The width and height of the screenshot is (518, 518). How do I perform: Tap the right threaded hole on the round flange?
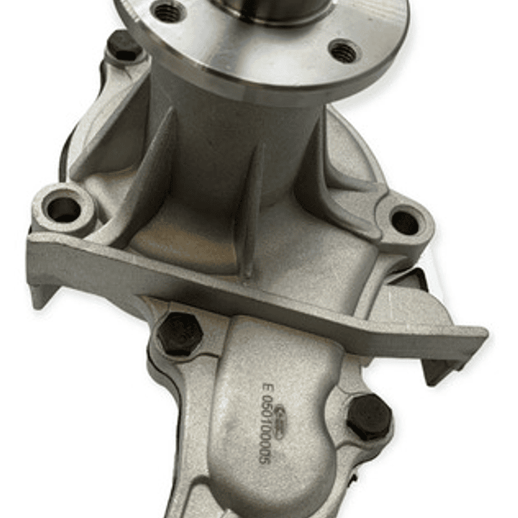[x=344, y=50]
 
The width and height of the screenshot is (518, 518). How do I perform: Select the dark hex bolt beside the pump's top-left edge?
[x=124, y=47]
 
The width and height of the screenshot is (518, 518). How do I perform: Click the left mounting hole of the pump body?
[x=64, y=209]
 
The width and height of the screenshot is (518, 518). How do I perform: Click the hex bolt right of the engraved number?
[x=369, y=417]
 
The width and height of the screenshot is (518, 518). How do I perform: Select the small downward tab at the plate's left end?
[x=40, y=295]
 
